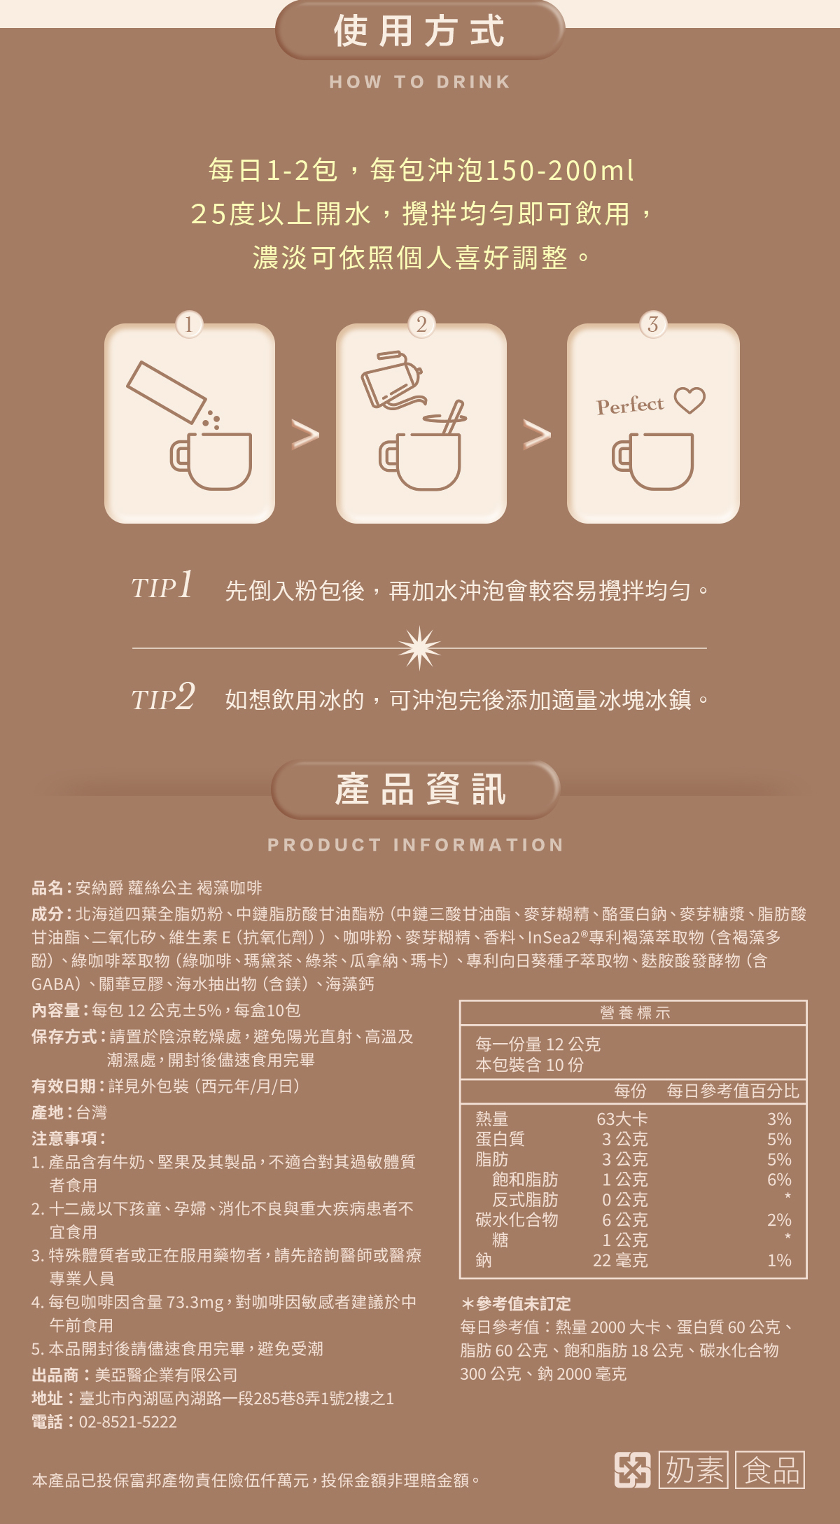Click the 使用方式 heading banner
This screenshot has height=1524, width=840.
[x=420, y=30]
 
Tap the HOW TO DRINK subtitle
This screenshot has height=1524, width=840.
[x=420, y=82]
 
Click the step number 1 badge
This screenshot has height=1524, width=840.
[x=189, y=324]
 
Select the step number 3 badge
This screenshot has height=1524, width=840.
[x=653, y=324]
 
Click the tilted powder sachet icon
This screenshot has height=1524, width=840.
[x=167, y=392]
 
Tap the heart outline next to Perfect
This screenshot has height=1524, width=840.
[x=689, y=400]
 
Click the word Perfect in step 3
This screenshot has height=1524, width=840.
[x=630, y=405]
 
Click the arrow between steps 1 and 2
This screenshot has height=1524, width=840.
[x=305, y=435]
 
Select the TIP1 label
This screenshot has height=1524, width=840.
[x=162, y=585]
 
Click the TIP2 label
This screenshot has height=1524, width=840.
[x=163, y=697]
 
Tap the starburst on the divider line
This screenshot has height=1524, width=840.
[x=420, y=648]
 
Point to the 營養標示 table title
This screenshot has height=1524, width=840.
[x=635, y=1012]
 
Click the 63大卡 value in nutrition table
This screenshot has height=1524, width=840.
[x=622, y=1119]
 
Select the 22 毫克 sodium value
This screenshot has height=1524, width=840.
[x=621, y=1260]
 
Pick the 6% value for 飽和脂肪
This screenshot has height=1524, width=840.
[x=779, y=1180]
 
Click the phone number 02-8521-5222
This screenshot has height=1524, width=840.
[x=128, y=1422]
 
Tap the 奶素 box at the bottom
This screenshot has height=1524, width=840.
[x=694, y=1469]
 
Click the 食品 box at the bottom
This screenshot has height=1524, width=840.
[x=770, y=1469]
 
